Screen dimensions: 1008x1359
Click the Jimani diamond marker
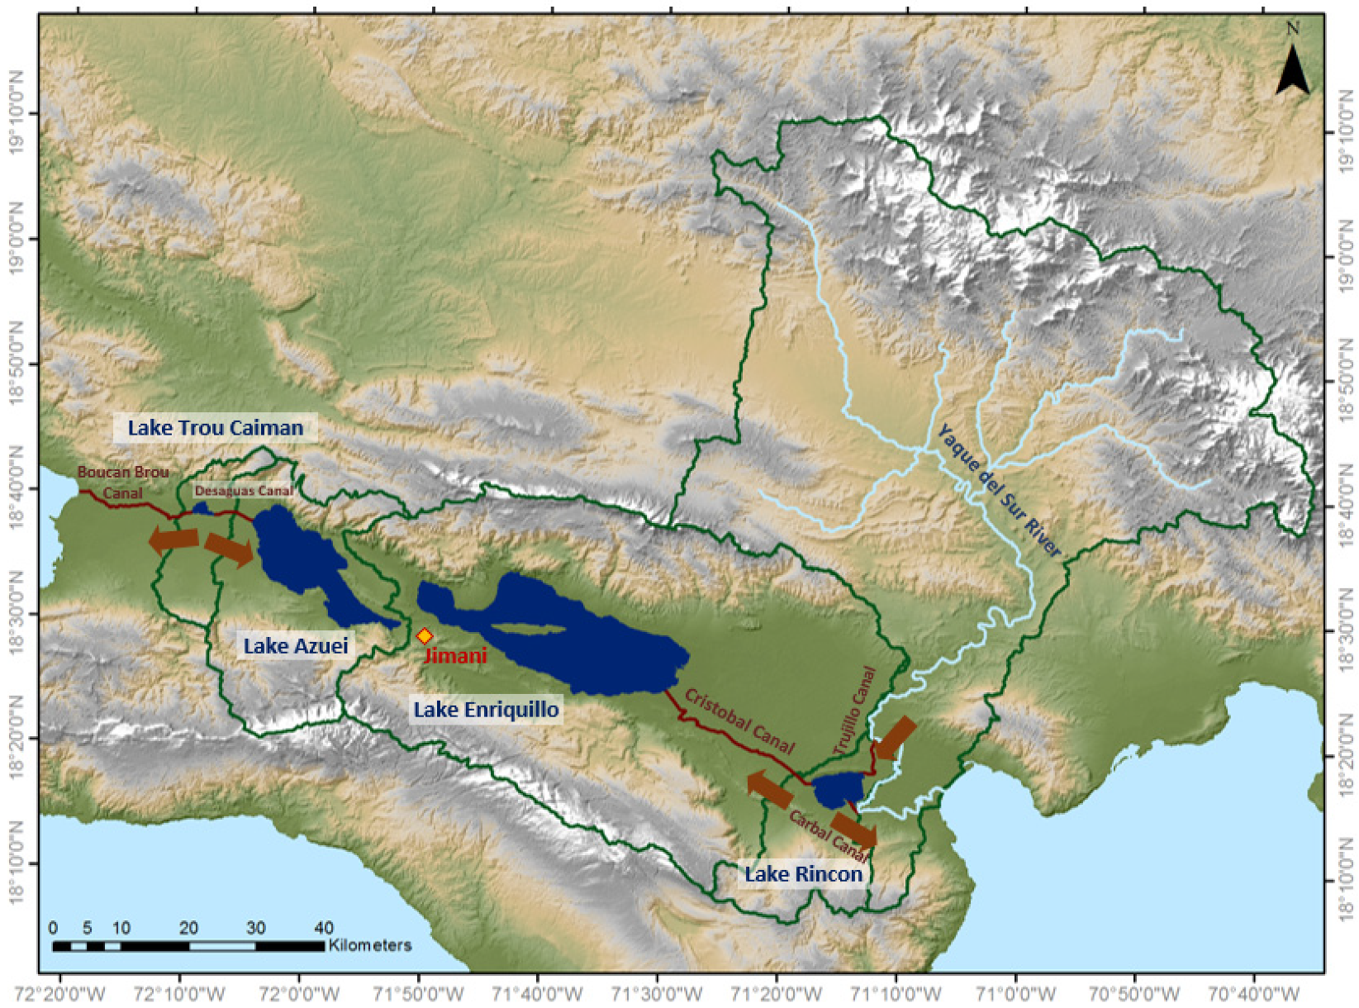tap(425, 636)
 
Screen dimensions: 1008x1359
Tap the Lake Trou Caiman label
tap(215, 427)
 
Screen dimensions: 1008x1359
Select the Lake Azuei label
tap(296, 645)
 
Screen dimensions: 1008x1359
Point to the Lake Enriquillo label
tap(486, 709)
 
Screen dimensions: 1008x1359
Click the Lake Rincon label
tap(803, 874)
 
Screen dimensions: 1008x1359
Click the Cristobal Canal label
tap(739, 722)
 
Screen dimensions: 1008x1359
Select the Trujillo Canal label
tap(854, 711)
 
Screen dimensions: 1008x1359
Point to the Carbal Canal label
tap(826, 834)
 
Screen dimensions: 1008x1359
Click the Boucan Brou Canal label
tap(123, 482)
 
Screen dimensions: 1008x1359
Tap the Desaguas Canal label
tap(244, 491)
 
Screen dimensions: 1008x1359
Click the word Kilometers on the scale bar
tap(369, 944)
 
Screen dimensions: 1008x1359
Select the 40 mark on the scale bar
tap(324, 927)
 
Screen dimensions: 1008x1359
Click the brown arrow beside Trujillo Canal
tap(895, 738)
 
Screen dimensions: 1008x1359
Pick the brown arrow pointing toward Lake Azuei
tap(229, 549)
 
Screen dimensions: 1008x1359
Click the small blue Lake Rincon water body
tap(839, 790)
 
